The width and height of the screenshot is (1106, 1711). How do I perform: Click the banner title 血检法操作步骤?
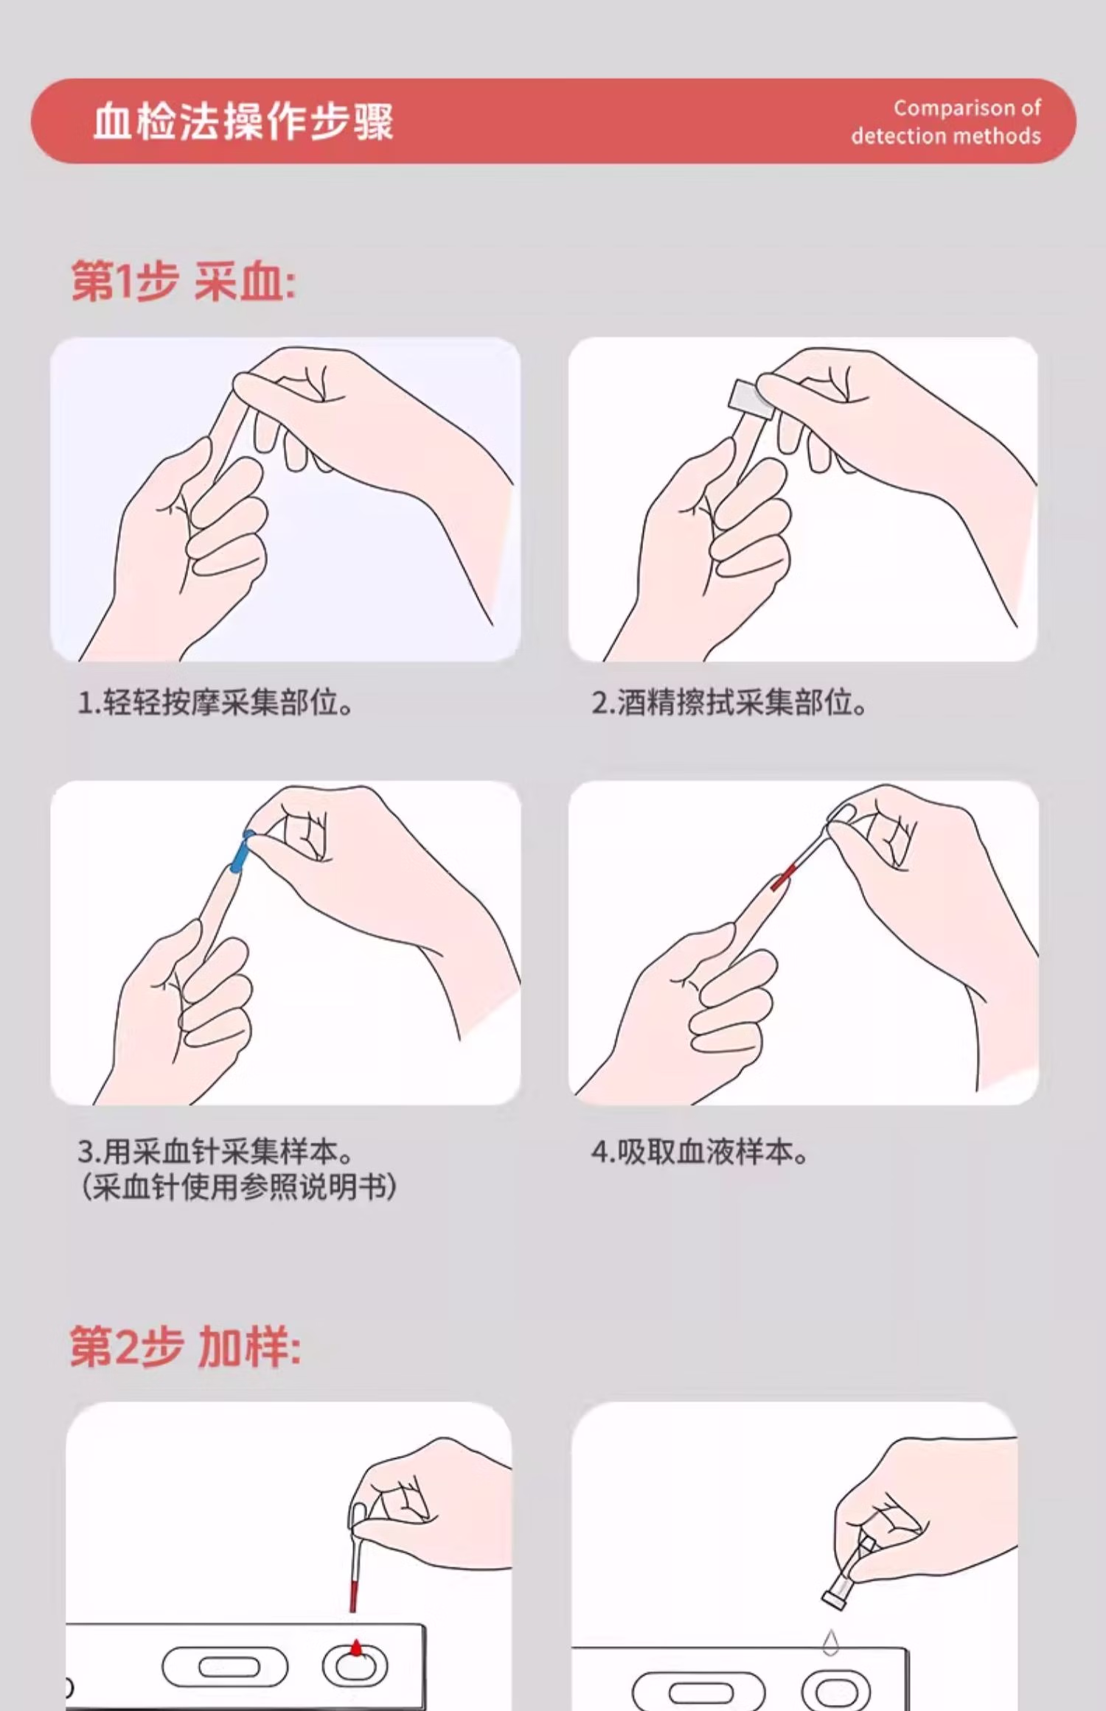243,122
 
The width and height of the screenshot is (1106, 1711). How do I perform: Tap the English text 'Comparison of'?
967,108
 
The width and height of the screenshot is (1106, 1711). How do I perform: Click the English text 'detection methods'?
946,136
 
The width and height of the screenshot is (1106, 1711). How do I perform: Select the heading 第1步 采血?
183,282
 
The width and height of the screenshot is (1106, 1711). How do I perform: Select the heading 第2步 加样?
185,1348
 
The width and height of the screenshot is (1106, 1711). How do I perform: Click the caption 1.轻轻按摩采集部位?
215,702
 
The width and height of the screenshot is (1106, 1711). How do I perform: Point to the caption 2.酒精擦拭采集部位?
728,702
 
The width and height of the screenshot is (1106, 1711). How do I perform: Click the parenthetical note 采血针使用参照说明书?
237,1187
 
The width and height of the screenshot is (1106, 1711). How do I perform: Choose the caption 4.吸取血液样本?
699,1151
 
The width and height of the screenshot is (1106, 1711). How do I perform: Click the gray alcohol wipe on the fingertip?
751,399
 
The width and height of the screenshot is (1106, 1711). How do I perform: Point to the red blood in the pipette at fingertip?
783,877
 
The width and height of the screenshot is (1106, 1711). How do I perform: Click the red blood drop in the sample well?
356,1648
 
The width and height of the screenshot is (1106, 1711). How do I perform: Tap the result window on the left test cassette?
225,1667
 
